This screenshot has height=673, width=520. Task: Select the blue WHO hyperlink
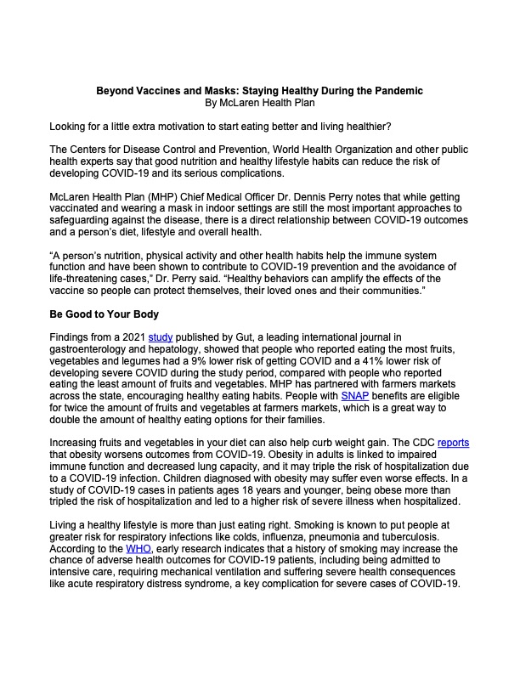(138, 549)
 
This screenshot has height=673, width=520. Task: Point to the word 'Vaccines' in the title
(179, 90)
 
